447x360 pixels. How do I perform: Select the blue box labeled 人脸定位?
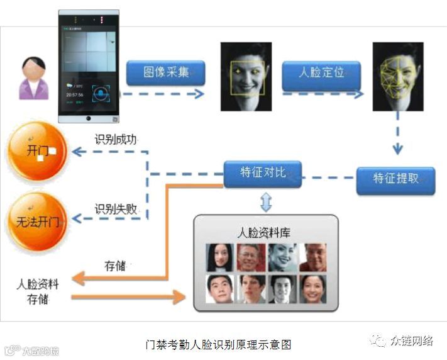[x=321, y=74]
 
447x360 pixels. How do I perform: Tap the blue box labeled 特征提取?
[x=395, y=179]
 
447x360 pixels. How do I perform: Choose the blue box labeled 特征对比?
[x=263, y=172]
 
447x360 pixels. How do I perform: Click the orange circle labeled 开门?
[x=36, y=151]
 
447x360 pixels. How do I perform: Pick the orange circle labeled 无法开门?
[x=36, y=221]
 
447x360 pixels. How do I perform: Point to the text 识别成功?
[x=116, y=139]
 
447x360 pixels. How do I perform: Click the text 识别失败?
[x=116, y=208]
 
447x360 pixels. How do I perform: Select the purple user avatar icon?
[x=34, y=79]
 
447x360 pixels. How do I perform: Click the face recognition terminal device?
[x=89, y=66]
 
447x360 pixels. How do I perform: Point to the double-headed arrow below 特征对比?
[x=265, y=201]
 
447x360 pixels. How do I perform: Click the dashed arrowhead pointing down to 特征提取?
[x=397, y=150]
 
